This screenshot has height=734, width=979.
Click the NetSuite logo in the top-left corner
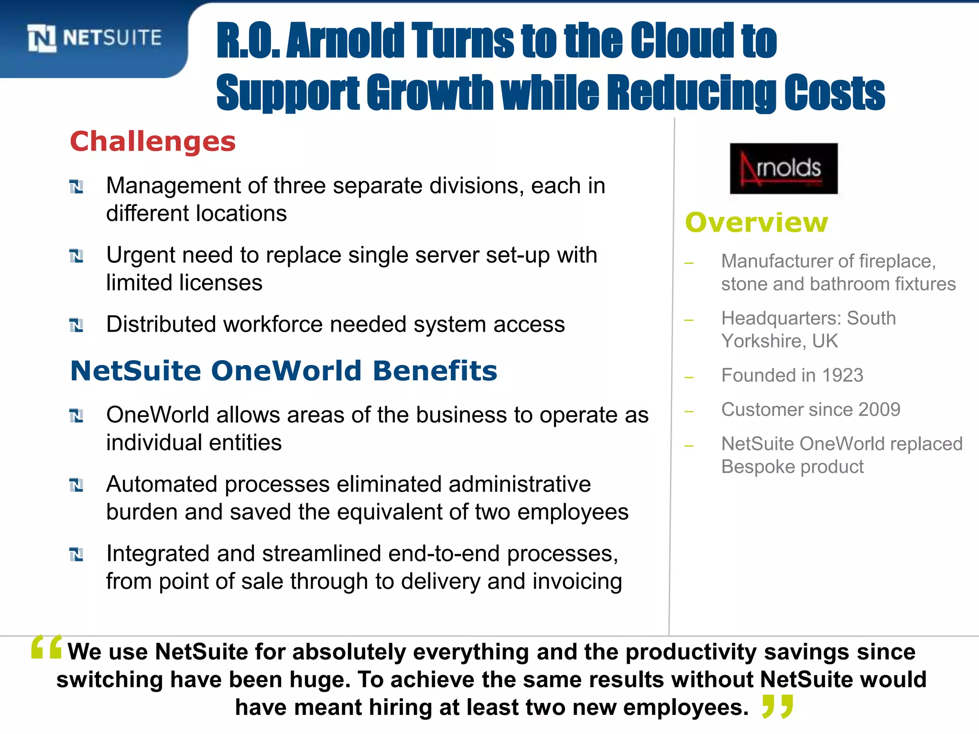pos(94,38)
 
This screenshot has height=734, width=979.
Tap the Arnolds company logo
pos(783,168)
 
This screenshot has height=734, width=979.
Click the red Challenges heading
pos(153,142)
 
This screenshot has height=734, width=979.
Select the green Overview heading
pos(756,223)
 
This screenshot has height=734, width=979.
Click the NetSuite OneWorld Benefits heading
pos(283,371)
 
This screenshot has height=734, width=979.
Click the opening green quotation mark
pos(46,647)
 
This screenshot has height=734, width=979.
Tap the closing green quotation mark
pos(778,706)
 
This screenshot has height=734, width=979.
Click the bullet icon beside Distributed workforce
pos(76,325)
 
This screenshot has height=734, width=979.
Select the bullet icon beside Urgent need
pos(76,256)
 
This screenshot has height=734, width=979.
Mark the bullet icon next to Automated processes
pos(76,486)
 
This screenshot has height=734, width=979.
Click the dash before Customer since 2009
pos(689,411)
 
